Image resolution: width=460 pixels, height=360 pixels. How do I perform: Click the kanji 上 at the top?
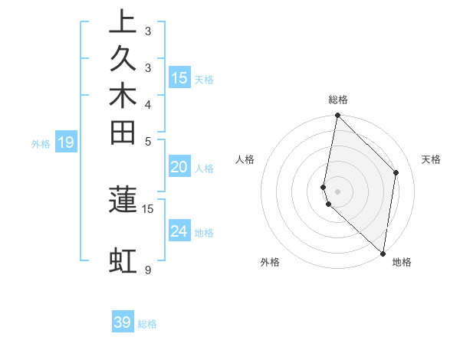click(123, 22)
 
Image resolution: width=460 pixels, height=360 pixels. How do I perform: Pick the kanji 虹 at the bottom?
click(123, 260)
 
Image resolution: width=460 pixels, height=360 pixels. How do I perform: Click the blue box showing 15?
click(179, 77)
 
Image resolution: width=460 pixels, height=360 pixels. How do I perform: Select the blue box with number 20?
click(179, 168)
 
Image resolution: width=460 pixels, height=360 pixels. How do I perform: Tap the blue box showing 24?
click(179, 231)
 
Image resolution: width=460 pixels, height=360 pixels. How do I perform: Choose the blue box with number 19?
click(66, 142)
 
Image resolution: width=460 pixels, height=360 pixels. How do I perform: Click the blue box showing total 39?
click(123, 322)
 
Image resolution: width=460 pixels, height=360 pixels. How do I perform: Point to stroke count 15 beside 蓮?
click(148, 208)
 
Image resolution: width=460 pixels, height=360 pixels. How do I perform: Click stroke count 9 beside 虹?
click(148, 270)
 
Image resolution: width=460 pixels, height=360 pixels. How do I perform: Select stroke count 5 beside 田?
click(148, 142)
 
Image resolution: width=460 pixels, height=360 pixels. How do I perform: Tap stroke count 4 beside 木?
click(148, 104)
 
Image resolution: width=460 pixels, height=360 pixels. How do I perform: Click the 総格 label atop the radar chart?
click(338, 100)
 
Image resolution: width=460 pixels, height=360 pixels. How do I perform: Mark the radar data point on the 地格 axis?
click(383, 254)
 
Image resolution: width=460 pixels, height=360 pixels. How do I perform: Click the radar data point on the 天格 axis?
click(396, 172)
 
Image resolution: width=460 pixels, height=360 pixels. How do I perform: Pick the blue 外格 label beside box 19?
click(41, 143)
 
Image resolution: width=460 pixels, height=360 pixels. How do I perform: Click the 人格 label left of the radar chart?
click(245, 159)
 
